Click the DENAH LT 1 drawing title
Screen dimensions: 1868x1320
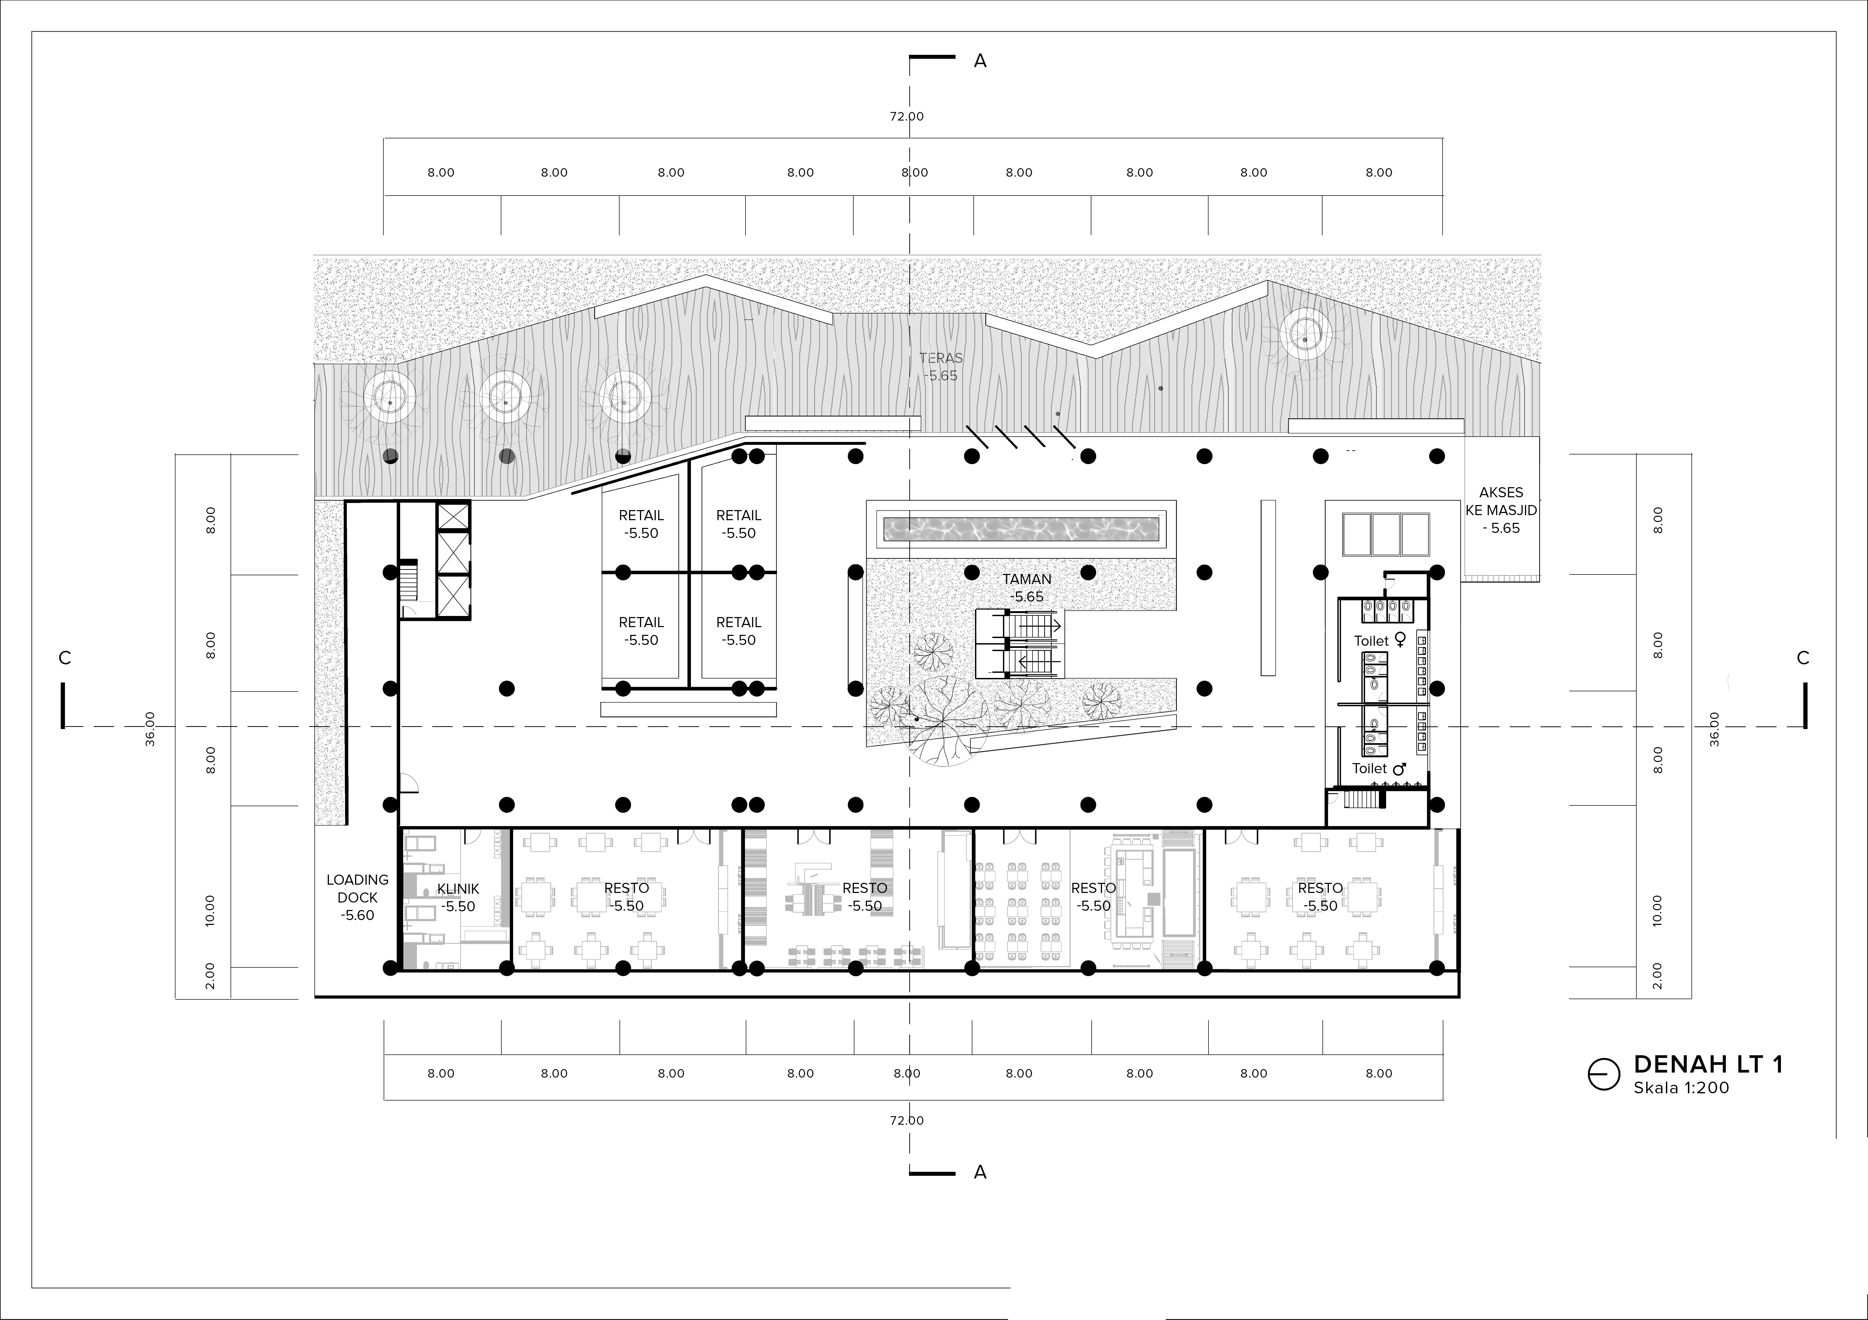tap(1708, 1065)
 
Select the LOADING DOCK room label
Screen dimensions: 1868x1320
tap(357, 897)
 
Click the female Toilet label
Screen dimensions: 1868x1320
tap(1380, 640)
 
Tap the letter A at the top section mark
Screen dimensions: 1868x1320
tap(980, 61)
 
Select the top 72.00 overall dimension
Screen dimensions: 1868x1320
tap(906, 116)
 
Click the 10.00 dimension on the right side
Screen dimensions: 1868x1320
tap(1658, 911)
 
